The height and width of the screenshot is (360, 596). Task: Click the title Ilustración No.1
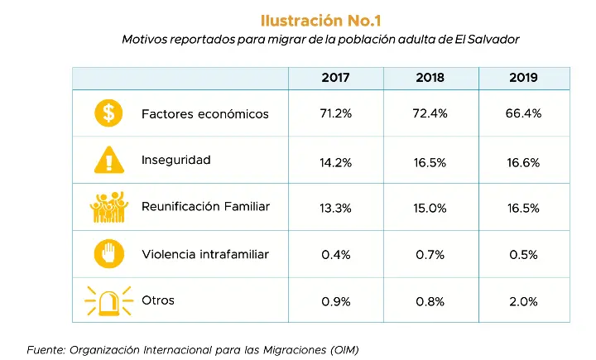[x=320, y=20]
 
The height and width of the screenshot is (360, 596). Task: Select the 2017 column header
[x=335, y=78]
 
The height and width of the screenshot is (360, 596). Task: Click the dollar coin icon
[x=108, y=113]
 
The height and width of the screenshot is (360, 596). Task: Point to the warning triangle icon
[x=108, y=159]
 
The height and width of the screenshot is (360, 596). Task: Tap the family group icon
[x=108, y=207]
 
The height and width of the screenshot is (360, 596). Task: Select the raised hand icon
[x=108, y=253]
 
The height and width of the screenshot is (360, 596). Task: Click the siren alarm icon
[x=108, y=300]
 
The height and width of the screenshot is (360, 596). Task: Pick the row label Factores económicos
[x=204, y=114]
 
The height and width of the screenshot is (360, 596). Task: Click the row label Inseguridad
[x=176, y=160]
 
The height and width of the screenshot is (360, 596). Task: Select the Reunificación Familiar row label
[x=205, y=207]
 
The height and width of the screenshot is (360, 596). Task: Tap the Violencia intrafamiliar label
[x=205, y=253]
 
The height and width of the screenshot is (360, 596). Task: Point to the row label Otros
[x=158, y=300]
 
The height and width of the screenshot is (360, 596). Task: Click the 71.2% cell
[x=335, y=114]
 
